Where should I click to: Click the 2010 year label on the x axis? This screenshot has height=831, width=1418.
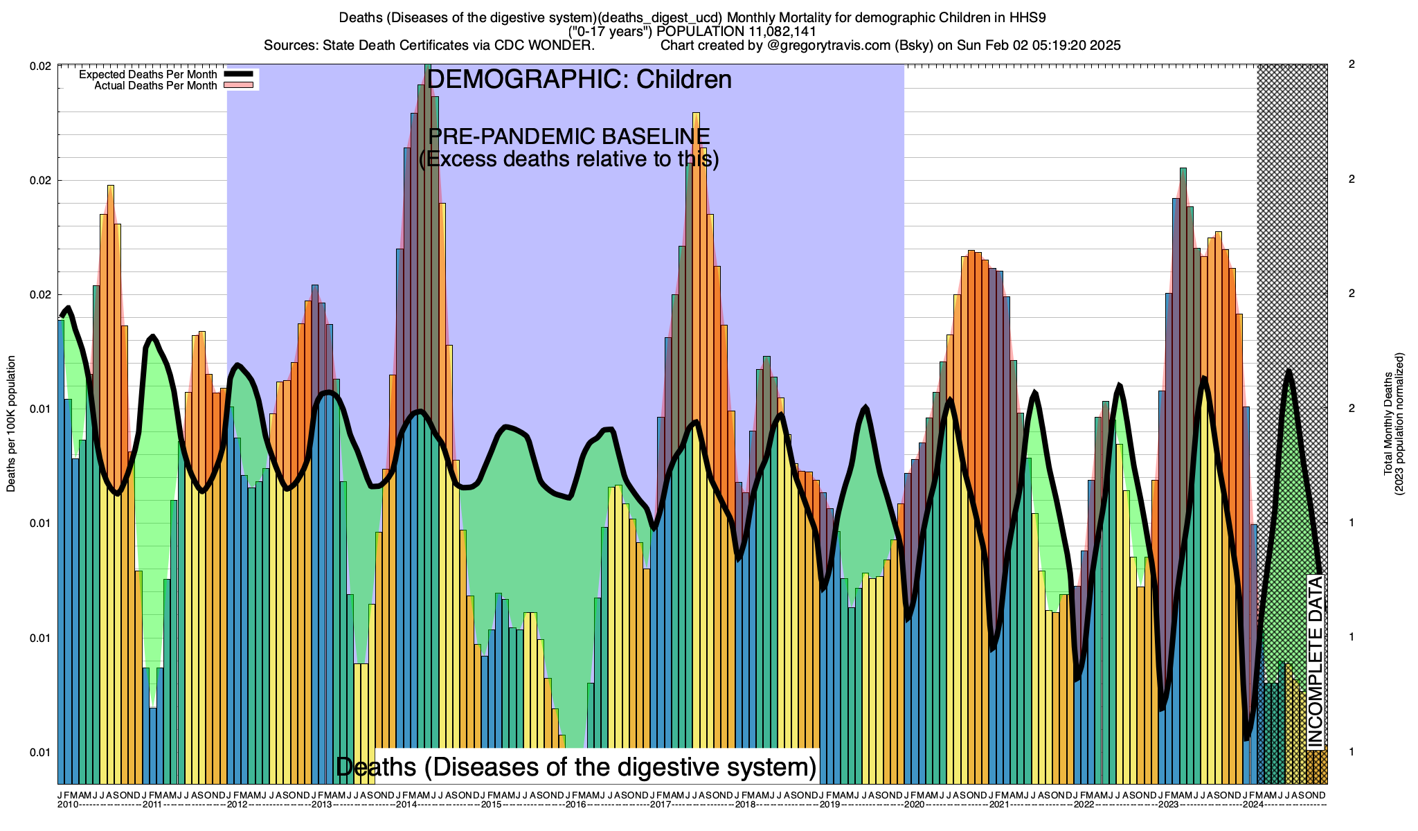pos(67,805)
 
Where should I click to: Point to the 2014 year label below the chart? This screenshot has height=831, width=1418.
pos(406,805)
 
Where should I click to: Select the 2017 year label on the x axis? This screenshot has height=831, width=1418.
pos(661,805)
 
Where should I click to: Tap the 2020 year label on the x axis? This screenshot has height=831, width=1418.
pos(915,805)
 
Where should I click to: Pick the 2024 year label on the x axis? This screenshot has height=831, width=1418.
pos(1253,805)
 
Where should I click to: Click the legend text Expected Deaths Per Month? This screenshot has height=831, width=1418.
pos(147,75)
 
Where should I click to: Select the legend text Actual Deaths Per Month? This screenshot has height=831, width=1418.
pos(155,86)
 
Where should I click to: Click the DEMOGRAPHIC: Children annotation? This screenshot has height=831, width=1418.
pos(579,80)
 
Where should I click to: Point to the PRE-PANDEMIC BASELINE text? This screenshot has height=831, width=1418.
pos(569,136)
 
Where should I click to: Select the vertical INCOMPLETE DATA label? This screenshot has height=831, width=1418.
pos(1316,661)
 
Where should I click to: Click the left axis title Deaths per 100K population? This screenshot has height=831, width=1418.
pos(11,424)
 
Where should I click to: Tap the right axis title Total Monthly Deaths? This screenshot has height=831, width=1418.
pos(1388,424)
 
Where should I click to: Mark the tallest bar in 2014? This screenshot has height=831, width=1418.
pos(428,415)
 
